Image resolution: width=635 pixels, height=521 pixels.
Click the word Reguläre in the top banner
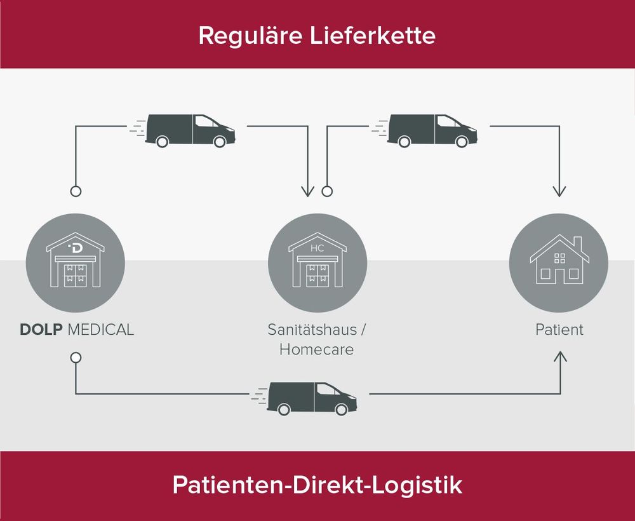[250, 36]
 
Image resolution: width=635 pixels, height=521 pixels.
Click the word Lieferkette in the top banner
[373, 35]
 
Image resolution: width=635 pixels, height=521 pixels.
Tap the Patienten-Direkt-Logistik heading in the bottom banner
[317, 485]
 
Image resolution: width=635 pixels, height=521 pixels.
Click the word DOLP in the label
[41, 329]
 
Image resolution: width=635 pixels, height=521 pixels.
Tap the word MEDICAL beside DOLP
[101, 329]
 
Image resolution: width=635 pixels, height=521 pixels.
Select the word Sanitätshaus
[312, 329]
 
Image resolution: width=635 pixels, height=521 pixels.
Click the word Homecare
[316, 349]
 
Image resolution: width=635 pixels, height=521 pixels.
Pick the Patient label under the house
[559, 329]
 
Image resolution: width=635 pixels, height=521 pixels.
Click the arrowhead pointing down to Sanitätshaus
[308, 191]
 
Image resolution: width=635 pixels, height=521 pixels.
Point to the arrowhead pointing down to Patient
[559, 191]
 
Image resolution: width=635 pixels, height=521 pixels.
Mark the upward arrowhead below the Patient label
[561, 356]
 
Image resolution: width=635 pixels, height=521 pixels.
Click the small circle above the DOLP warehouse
[76, 191]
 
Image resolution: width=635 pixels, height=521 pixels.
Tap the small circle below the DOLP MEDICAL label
[76, 358]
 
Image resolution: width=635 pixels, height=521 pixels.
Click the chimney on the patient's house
[577, 244]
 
